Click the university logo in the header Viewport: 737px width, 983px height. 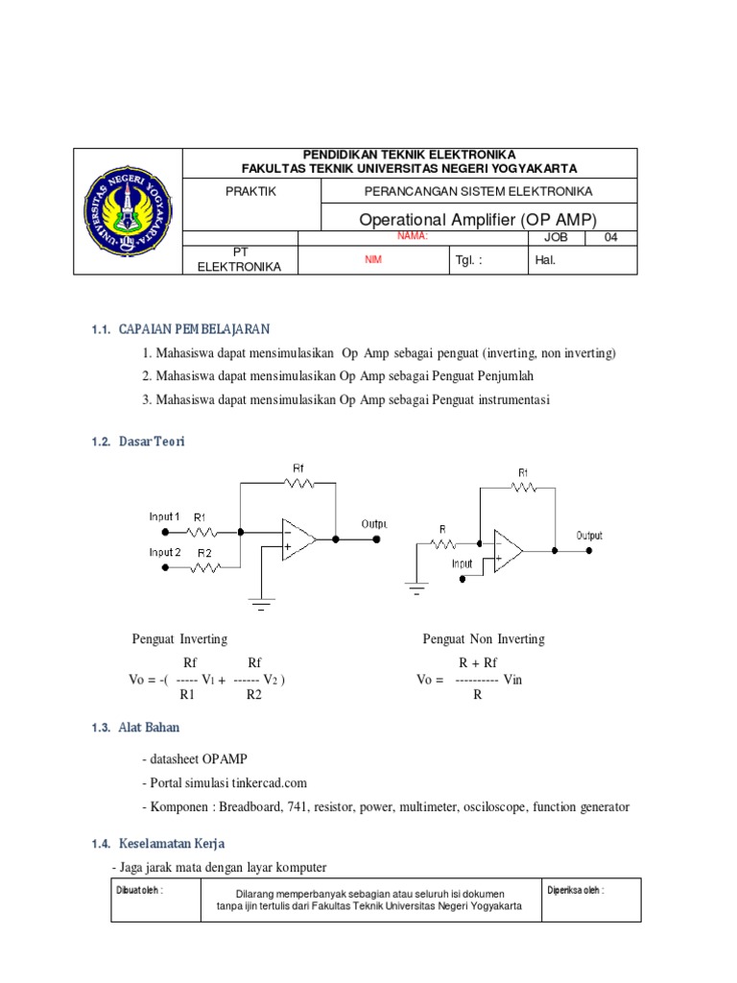pyautogui.click(x=128, y=213)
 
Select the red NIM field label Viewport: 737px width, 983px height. pyautogui.click(x=372, y=260)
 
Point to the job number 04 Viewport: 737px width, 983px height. pyautogui.click(x=611, y=238)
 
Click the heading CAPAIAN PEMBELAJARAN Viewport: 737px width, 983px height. pyautogui.click(x=195, y=329)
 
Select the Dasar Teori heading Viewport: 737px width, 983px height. pyautogui.click(x=152, y=442)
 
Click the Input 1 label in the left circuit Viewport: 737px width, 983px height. pyautogui.click(x=163, y=516)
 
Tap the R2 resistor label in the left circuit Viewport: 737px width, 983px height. pyautogui.click(x=204, y=554)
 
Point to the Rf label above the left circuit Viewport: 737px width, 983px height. pyautogui.click(x=300, y=468)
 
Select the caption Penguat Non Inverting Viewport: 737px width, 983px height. pyautogui.click(x=484, y=639)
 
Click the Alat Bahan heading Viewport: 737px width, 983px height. pyautogui.click(x=149, y=728)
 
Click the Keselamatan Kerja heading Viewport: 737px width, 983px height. pyautogui.click(x=172, y=844)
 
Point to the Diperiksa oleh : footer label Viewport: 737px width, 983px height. pyautogui.click(x=576, y=890)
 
